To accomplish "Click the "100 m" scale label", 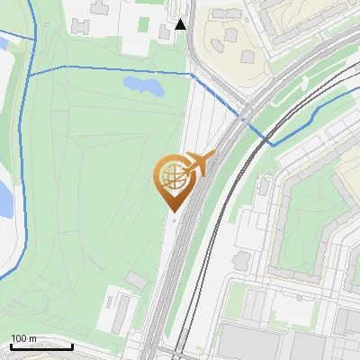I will point(23,338).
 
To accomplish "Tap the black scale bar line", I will point(41,346).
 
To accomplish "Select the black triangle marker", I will point(181,24).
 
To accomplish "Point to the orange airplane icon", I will point(200,164).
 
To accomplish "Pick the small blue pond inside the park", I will point(143,85).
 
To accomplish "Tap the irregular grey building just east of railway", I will point(242,261).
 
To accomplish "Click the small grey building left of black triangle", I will point(163,33).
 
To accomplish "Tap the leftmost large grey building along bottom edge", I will point(243,346).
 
